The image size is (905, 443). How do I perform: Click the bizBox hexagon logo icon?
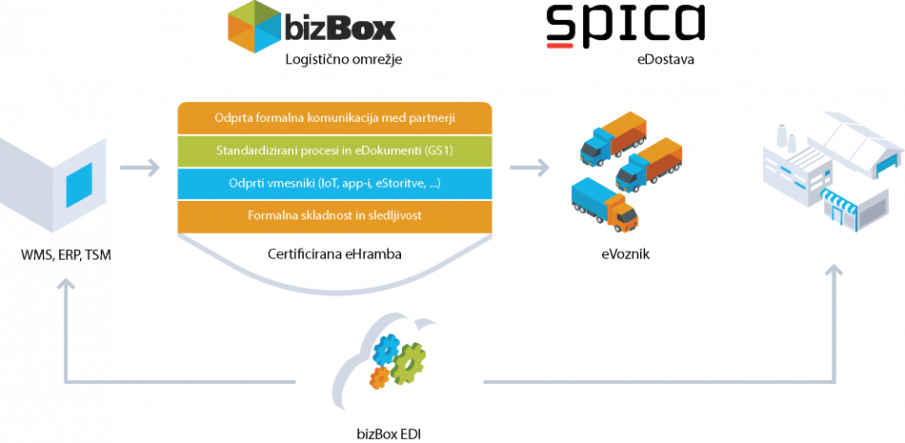click(x=254, y=26)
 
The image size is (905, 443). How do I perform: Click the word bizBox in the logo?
click(x=339, y=27)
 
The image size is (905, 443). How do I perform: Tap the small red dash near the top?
click(x=560, y=45)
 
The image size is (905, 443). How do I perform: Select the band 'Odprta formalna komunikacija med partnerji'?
click(x=335, y=118)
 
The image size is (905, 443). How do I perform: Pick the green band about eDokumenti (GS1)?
click(x=335, y=151)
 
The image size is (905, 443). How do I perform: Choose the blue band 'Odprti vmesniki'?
click(x=335, y=183)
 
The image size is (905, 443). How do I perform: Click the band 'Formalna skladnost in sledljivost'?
click(x=335, y=215)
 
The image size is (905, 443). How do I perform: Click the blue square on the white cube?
click(x=78, y=185)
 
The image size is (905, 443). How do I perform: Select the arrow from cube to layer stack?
click(x=141, y=169)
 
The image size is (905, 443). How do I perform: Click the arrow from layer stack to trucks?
click(x=530, y=169)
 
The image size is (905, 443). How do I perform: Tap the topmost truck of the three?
click(x=613, y=135)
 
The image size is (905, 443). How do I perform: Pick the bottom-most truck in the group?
click(x=604, y=206)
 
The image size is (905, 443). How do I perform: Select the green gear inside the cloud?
click(x=408, y=363)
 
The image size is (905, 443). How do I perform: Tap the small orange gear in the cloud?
click(x=378, y=377)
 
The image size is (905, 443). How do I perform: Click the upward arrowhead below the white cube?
click(x=65, y=285)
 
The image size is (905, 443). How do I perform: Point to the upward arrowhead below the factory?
click(x=835, y=273)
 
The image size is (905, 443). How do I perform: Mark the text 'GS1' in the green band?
click(x=432, y=151)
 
